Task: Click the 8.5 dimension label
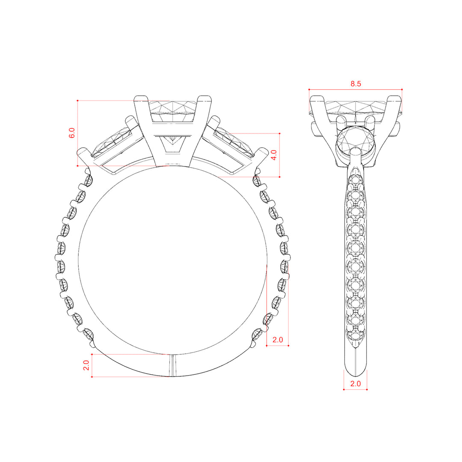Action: tap(355, 84)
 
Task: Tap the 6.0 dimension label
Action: tap(72, 133)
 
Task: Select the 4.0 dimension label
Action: tap(274, 155)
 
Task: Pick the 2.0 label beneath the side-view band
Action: tap(355, 384)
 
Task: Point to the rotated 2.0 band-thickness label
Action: tap(86, 365)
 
